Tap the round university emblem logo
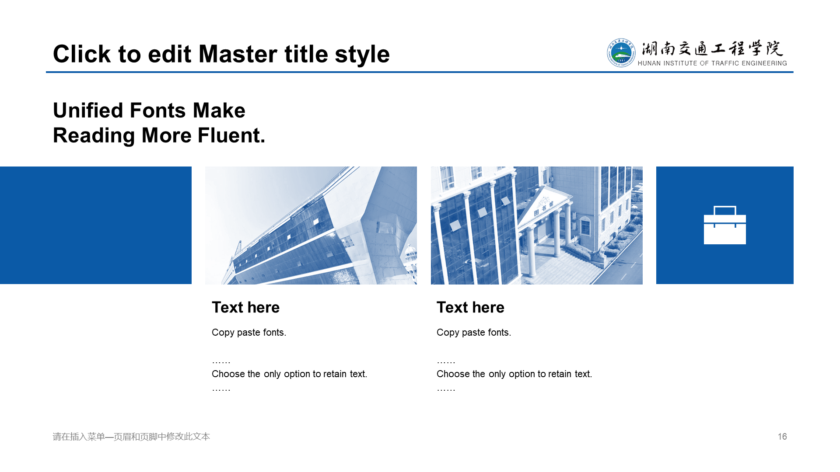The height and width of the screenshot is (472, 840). click(x=621, y=53)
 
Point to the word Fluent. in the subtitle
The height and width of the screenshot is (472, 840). click(x=231, y=135)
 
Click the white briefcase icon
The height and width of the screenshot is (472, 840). click(x=724, y=225)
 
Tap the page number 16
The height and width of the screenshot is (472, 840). click(x=782, y=437)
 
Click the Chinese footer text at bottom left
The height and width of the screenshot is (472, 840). click(x=131, y=437)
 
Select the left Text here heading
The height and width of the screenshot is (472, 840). click(x=245, y=307)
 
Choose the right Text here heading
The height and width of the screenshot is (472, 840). click(x=470, y=307)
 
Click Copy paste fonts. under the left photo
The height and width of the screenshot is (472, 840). click(x=249, y=333)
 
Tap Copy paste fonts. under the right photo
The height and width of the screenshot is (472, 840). click(x=474, y=333)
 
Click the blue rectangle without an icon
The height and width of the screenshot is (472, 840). click(x=96, y=225)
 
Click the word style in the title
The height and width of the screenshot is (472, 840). click(x=362, y=55)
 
